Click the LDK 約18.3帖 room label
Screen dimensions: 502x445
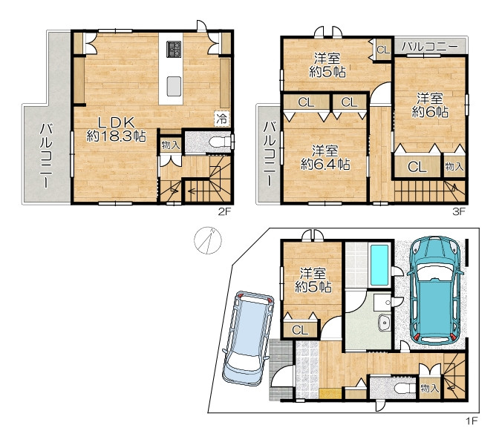point(116,130)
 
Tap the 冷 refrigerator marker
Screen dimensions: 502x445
point(221,119)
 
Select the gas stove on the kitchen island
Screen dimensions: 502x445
point(174,49)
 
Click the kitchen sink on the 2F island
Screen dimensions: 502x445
point(175,86)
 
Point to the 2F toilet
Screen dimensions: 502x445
point(219,142)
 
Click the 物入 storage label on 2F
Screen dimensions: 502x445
point(171,145)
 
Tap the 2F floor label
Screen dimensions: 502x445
point(224,211)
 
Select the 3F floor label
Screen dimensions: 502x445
point(458,211)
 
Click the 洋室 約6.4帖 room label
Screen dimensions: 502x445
point(325,157)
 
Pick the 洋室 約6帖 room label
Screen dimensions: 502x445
point(430,105)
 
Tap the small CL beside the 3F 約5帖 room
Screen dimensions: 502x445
point(383,50)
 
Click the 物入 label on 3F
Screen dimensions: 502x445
point(454,166)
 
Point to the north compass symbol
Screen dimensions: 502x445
point(208,240)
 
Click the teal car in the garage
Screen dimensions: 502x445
point(435,290)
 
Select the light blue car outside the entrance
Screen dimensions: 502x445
point(248,337)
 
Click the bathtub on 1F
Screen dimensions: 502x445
point(379,265)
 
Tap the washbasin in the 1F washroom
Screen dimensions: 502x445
point(383,322)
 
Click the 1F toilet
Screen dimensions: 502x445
point(405,389)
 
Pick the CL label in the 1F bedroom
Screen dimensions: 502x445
point(300,330)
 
